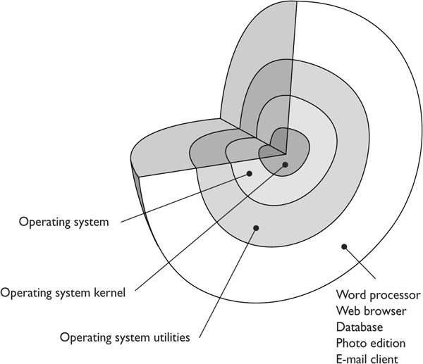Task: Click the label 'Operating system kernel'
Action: [x=63, y=292]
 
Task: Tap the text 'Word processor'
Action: [x=379, y=294]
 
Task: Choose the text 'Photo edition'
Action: [x=372, y=344]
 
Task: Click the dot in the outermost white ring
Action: [x=345, y=246]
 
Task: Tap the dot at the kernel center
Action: [x=285, y=165]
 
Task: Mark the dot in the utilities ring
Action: [x=256, y=227]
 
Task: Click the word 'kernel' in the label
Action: [x=109, y=292]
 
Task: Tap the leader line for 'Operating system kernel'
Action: [x=211, y=225]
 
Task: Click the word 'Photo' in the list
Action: [x=352, y=344]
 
